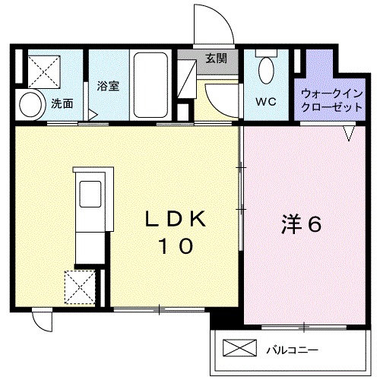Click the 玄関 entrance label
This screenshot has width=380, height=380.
pos(215,58)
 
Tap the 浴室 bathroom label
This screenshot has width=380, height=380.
pos(107,87)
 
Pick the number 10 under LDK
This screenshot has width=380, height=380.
pos(175,246)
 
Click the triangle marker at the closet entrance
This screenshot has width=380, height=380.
pos(349,134)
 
